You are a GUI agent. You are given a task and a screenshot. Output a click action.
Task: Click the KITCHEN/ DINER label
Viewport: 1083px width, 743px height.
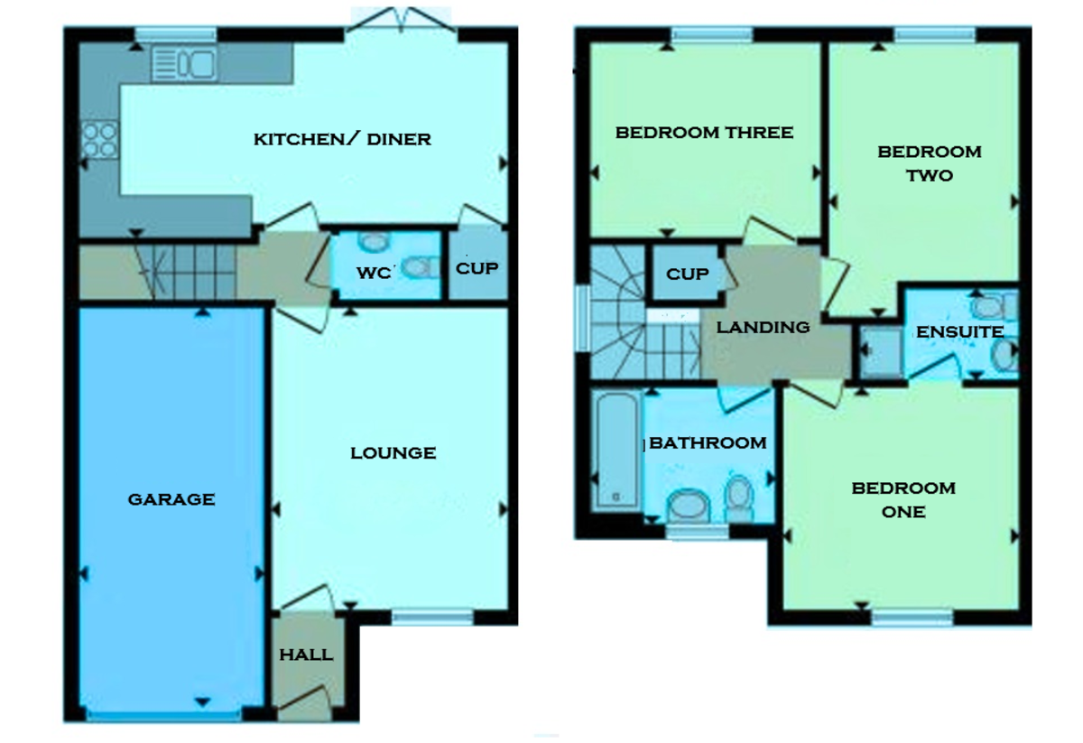tap(342, 139)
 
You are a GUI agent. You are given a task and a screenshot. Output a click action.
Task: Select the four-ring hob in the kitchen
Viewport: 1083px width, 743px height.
tap(98, 140)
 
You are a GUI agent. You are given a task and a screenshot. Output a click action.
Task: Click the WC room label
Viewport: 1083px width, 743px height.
tap(372, 272)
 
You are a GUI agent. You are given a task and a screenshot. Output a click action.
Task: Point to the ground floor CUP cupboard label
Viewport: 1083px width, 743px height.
tap(476, 268)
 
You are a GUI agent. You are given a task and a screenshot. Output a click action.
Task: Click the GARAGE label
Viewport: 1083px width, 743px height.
tap(171, 498)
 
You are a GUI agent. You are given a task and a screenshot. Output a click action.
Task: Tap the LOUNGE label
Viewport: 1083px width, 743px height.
tap(393, 452)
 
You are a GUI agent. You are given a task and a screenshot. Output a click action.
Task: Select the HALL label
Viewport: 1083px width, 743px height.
tap(305, 655)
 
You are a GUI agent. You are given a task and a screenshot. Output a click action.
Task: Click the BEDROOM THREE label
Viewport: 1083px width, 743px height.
tap(704, 133)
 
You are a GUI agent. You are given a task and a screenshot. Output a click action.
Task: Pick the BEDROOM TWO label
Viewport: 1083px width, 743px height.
tap(929, 163)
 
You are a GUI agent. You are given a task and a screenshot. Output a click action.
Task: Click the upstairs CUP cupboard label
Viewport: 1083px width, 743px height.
tap(687, 273)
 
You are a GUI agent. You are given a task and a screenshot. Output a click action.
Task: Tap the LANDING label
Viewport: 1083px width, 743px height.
tap(763, 327)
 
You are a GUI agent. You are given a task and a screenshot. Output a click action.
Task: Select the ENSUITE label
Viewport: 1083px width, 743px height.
tap(959, 332)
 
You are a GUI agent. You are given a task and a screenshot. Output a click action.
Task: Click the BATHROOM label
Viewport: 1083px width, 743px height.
tap(708, 442)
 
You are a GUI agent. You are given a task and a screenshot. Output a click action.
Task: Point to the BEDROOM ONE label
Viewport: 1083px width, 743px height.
tap(903, 499)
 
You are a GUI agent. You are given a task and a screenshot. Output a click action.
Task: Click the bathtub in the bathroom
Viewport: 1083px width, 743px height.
tap(616, 449)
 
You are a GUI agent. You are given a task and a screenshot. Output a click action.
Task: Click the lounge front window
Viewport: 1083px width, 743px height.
tap(431, 618)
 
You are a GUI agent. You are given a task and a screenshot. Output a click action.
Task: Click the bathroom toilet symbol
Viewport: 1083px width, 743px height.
tap(739, 497)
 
